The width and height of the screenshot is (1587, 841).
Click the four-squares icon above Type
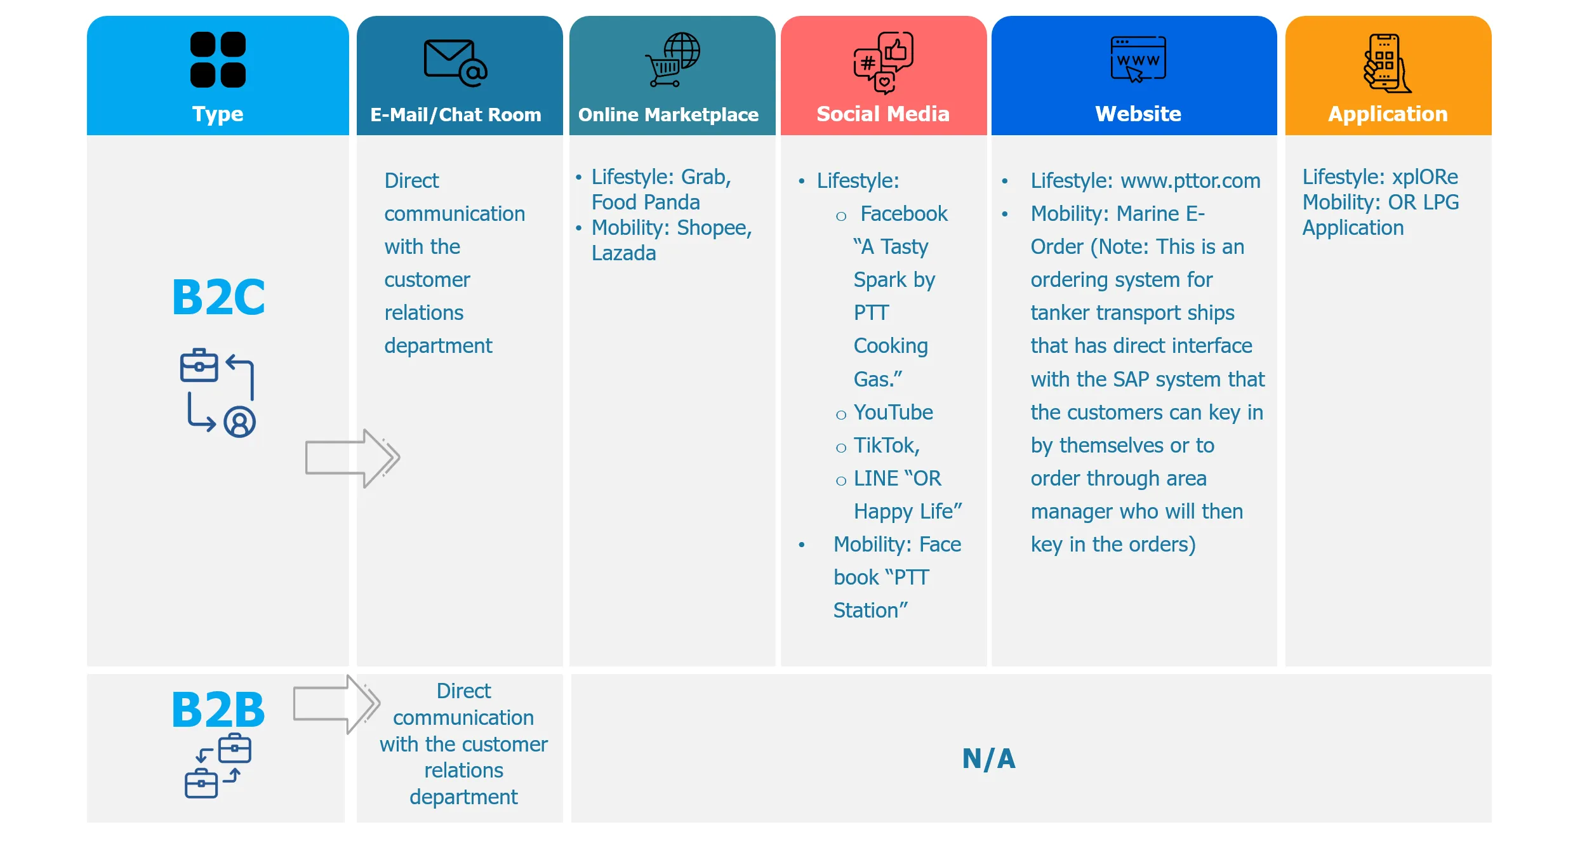pyautogui.click(x=218, y=60)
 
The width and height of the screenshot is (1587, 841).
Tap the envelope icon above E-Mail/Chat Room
pyautogui.click(x=455, y=62)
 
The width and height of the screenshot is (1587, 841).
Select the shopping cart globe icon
pyautogui.click(x=672, y=60)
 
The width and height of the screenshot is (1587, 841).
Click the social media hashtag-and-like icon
pyautogui.click(x=883, y=62)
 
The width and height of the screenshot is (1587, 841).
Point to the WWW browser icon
pyautogui.click(x=1138, y=59)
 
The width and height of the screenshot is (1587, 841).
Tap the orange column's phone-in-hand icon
pyautogui.click(x=1387, y=63)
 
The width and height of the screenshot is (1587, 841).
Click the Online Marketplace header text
pyautogui.click(x=668, y=115)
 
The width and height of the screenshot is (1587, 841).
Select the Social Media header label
pyautogui.click(x=882, y=114)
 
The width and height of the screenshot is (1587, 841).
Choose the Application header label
pyautogui.click(x=1388, y=114)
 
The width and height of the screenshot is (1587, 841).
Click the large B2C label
pyautogui.click(x=218, y=297)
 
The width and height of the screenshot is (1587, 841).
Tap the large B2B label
pyautogui.click(x=218, y=710)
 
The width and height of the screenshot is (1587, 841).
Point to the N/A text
pyautogui.click(x=988, y=758)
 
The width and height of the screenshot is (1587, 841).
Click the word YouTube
pyautogui.click(x=893, y=413)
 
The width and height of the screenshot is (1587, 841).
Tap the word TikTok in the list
pyautogui.click(x=885, y=446)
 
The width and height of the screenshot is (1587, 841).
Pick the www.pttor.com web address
pyautogui.click(x=1190, y=181)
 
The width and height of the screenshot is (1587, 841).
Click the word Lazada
pyautogui.click(x=623, y=253)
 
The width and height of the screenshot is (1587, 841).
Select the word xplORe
pyautogui.click(x=1424, y=176)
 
